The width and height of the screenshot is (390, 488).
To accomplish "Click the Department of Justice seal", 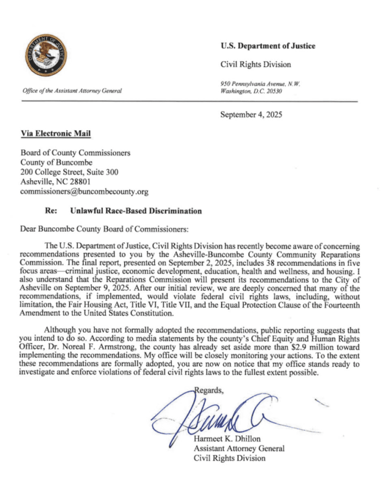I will click(47, 55).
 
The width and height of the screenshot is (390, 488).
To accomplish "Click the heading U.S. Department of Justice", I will click(268, 46).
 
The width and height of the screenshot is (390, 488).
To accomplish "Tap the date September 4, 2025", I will click(251, 114).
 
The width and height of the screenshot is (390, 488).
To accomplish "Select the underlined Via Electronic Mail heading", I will click(56, 134).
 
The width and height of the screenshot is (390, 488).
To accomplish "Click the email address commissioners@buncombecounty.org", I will click(84, 192).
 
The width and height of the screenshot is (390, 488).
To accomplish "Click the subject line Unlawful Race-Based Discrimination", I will click(136, 211).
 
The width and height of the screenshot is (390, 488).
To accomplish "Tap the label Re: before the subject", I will click(50, 211).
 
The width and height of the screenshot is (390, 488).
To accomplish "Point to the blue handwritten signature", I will click(210, 419).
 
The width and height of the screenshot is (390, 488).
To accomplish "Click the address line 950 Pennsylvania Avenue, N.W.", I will click(260, 84).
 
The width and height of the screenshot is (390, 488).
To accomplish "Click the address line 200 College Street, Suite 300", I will click(69, 172).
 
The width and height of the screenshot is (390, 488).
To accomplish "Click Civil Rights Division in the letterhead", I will click(255, 64).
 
